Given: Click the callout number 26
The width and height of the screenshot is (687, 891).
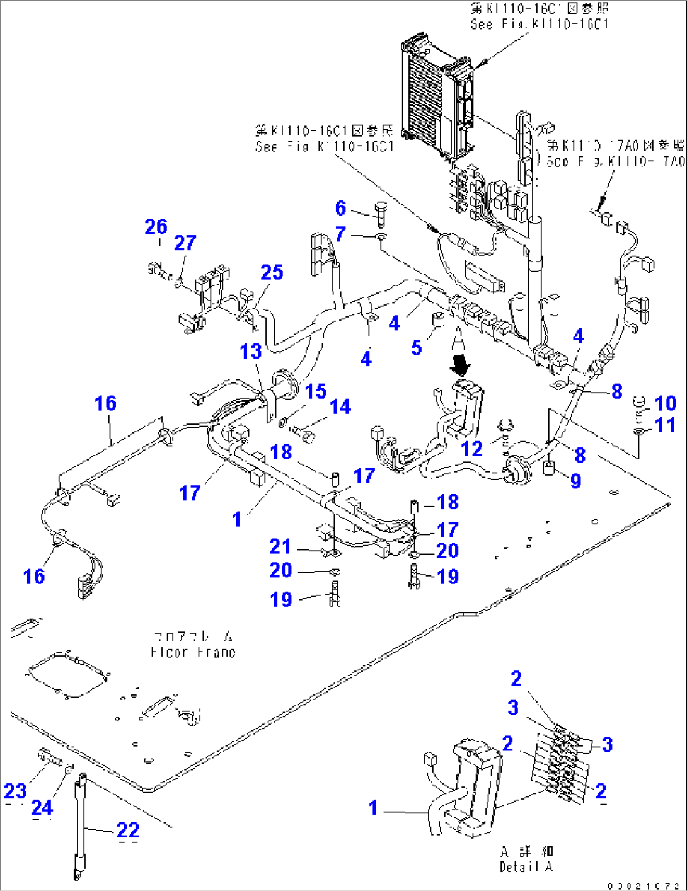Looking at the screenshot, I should pos(156,227).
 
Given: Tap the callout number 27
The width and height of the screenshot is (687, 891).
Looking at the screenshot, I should pos(185,243).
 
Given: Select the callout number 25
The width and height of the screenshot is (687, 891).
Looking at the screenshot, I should pos(272,272).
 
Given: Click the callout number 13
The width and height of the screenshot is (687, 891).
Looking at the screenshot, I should pos(250,351).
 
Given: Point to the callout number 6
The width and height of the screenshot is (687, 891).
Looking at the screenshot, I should pos(340,208).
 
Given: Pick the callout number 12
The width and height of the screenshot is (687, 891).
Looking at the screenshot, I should pos(471,449).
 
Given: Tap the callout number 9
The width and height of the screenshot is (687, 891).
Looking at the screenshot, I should pos(575,481).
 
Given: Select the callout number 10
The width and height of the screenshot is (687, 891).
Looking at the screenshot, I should pos(665,403).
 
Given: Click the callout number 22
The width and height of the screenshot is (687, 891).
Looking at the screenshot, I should pos(127,831).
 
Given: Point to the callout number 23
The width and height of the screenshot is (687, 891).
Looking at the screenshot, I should pos(15,791).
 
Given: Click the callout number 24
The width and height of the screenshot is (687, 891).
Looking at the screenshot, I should pos(42,807).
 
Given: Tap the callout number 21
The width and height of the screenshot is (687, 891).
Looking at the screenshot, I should pos(280,546).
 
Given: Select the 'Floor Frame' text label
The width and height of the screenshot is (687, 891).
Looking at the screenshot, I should pos(193,644).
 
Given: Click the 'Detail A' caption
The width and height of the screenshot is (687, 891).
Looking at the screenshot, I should pos(526,859).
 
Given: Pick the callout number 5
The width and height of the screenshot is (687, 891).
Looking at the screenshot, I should pos(416,348).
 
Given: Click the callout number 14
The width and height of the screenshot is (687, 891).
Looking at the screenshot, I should pos(340,407).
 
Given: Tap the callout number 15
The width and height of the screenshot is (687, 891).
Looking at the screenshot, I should pos(315,391).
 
